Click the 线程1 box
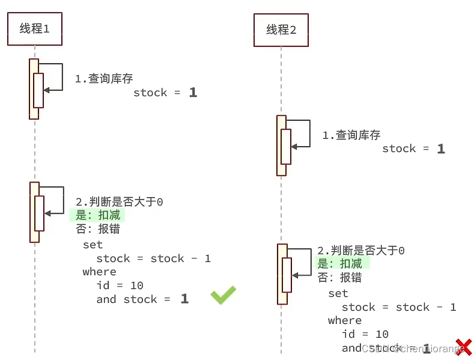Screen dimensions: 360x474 tap(35, 29)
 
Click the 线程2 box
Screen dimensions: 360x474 tap(281, 29)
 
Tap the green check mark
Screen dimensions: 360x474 tap(223, 294)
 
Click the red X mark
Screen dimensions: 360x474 tap(463, 347)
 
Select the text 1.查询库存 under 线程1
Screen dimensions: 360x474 tap(103, 79)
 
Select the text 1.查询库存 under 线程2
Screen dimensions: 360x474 tap(351, 135)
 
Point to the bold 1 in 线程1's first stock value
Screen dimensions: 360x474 tap(192, 93)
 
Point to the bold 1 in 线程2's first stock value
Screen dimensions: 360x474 tap(441, 149)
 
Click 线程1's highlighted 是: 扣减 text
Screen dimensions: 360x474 tap(97, 215)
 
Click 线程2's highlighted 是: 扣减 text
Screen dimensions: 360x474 tap(340, 264)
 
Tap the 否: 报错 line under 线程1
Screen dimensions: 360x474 tap(97, 229)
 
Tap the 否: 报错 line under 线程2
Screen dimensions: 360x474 tap(340, 278)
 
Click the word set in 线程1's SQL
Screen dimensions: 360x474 tap(93, 245)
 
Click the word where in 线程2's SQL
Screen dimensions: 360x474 tap(345, 320)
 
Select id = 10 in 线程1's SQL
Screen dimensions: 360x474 tap(120, 285)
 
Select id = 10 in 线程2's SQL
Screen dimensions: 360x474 tap(365, 334)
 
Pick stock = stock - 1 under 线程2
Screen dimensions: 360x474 tap(399, 307)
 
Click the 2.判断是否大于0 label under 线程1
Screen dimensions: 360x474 tap(119, 202)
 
